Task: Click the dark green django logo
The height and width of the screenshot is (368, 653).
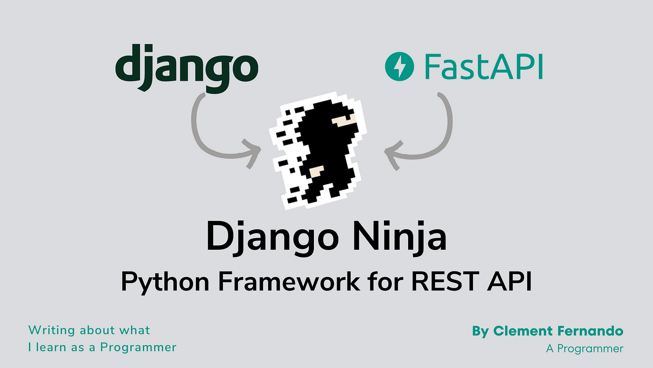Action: pyautogui.click(x=187, y=68)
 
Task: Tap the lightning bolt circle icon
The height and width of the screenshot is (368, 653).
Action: pyautogui.click(x=399, y=66)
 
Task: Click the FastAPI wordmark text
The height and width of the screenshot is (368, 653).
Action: pyautogui.click(x=484, y=66)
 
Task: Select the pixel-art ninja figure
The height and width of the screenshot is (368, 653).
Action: pyautogui.click(x=318, y=150)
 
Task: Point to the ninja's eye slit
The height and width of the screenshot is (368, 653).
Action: pyautogui.click(x=344, y=120)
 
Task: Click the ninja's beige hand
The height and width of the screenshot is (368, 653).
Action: pyautogui.click(x=316, y=171)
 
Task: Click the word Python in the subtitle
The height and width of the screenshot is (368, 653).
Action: pyautogui.click(x=165, y=282)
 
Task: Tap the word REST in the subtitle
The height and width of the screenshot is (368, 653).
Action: pyautogui.click(x=445, y=281)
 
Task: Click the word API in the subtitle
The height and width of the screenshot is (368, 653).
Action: pyautogui.click(x=509, y=281)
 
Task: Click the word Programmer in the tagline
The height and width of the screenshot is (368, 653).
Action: pyautogui.click(x=138, y=348)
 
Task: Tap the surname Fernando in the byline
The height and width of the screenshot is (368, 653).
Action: pyautogui.click(x=590, y=331)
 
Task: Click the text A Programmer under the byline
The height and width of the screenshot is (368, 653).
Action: pyautogui.click(x=585, y=349)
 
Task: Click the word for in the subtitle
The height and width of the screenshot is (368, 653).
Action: pyautogui.click(x=385, y=281)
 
